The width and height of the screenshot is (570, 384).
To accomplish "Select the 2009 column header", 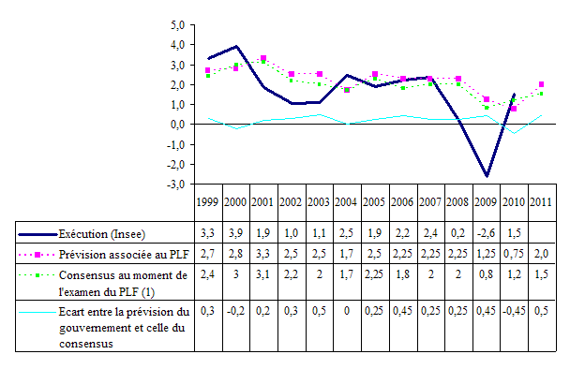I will pos(486,202).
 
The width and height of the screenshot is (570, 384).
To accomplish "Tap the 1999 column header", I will pos(208,202).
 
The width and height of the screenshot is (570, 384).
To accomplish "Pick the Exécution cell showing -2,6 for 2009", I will pos(486,231).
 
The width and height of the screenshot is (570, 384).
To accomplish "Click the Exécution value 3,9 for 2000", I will pos(236,231).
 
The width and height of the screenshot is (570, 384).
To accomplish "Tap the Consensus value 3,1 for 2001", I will pos(263,273).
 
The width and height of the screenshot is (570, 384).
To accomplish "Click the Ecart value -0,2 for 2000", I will pos(236,311).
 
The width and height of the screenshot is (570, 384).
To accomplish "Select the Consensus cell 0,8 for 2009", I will pos(486,273).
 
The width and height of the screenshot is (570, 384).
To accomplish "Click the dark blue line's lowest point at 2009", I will pos(487,175).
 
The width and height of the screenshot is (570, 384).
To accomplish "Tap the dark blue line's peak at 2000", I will pos(237,46).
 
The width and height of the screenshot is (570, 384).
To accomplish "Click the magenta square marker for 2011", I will pos(542,84).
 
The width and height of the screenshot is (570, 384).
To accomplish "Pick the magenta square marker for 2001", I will pos(263,58).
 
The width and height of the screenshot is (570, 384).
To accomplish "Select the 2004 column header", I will pos(347,202).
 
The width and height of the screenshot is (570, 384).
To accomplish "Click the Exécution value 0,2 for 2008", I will pos(458,231).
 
